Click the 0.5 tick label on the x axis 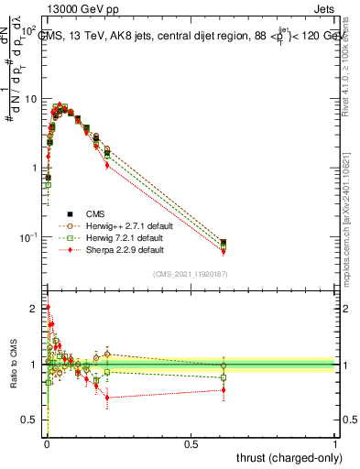[191, 444]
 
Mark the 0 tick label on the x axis [47, 444]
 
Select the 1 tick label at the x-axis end [335, 444]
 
